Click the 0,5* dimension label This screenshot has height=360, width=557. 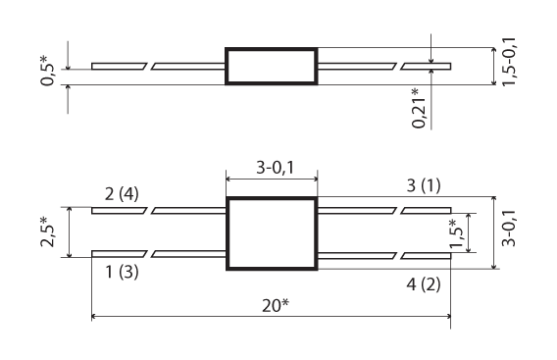(x=47, y=71)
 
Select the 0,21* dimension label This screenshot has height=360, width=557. (x=419, y=108)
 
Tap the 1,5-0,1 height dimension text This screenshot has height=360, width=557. (x=509, y=61)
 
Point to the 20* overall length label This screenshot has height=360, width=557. (x=276, y=305)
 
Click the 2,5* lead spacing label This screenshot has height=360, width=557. (x=47, y=231)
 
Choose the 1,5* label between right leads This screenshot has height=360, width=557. (x=456, y=233)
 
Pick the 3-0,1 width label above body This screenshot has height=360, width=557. (x=276, y=167)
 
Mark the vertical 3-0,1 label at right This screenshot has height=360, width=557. (x=509, y=228)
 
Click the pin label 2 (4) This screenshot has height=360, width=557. (x=122, y=194)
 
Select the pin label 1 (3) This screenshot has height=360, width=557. (x=122, y=273)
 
